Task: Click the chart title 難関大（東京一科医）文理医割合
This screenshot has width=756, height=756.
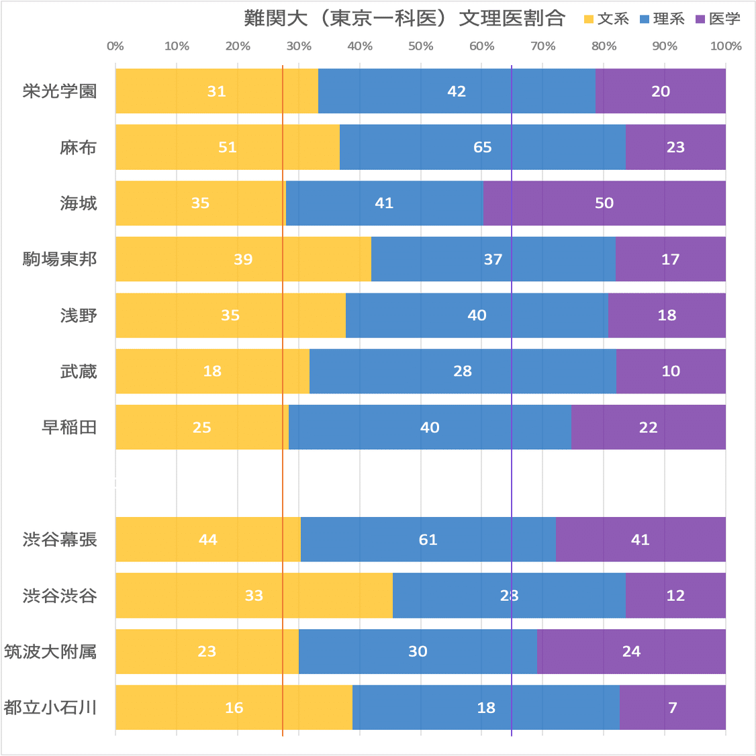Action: [404, 18]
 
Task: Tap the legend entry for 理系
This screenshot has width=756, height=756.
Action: [662, 19]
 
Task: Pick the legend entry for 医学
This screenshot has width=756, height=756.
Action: [718, 19]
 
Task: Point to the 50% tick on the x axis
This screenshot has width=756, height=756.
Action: [420, 46]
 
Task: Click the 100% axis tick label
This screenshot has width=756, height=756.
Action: [726, 46]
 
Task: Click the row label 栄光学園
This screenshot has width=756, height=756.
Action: [60, 91]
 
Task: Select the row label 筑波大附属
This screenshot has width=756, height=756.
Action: [50, 651]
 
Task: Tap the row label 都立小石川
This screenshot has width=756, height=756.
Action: [50, 708]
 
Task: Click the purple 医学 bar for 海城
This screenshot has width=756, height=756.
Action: [604, 203]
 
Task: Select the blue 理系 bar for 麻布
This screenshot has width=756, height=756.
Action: [482, 147]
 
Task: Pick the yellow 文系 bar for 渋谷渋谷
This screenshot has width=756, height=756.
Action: [254, 596]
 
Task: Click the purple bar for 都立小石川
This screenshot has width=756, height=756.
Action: [672, 708]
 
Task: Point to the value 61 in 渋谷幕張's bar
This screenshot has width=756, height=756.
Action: [428, 540]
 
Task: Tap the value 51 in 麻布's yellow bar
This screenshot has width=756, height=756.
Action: [228, 147]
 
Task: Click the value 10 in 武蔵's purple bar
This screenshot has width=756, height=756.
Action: [671, 371]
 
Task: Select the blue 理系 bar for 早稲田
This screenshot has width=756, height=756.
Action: [430, 427]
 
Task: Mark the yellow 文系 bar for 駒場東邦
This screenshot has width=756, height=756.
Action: [243, 259]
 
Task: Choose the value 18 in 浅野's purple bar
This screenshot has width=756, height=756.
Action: [667, 315]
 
